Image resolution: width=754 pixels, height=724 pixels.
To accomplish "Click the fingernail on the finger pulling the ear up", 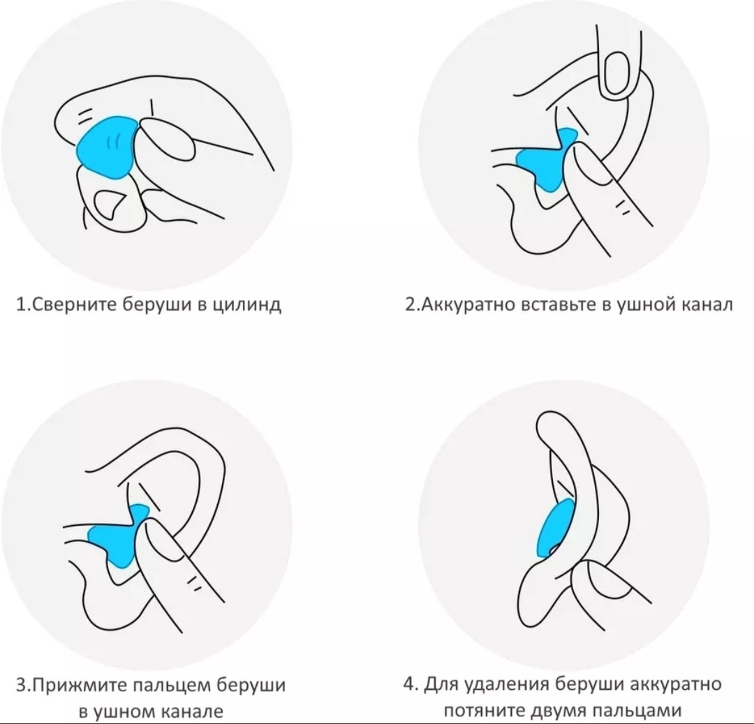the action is (617, 75).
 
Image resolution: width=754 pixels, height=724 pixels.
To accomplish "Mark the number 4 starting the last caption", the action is (408, 683).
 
